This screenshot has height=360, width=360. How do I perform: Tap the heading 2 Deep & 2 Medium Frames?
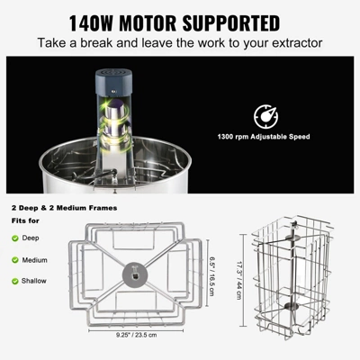[x=66, y=209]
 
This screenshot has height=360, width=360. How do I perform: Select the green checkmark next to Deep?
[x=15, y=238]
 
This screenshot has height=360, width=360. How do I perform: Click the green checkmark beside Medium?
[x=15, y=259]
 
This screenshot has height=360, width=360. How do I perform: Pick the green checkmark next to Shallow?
[x=15, y=281]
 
